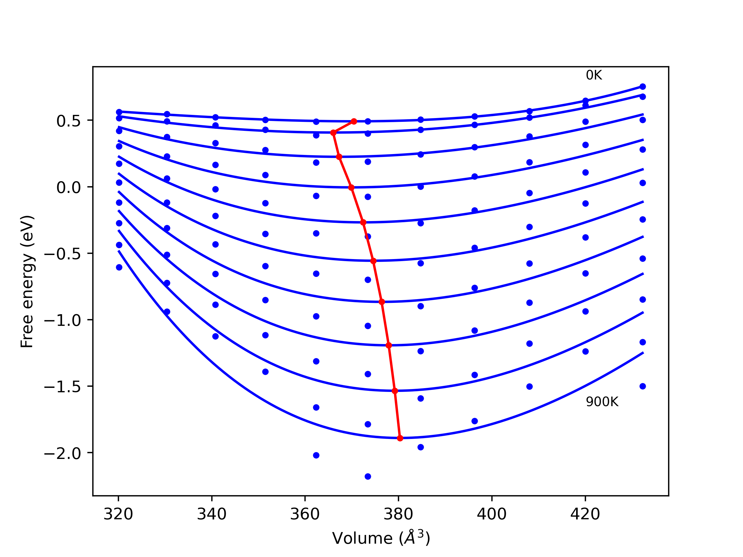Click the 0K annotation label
594,75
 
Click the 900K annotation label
602,402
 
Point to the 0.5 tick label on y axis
68,121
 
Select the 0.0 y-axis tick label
68,188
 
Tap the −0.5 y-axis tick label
62,254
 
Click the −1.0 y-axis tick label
62,321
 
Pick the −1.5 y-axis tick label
62,387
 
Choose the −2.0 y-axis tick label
62,454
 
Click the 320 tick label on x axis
118,514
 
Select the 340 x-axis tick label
212,514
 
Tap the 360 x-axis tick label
305,514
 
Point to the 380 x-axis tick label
398,514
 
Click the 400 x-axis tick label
492,514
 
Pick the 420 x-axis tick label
585,514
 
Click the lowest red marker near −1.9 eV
400,438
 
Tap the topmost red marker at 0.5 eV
354,121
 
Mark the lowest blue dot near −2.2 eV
368,476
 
